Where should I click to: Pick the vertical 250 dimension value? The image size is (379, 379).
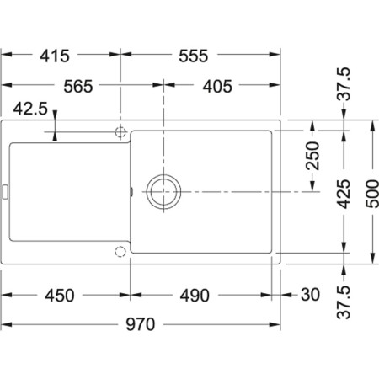[x=312, y=157]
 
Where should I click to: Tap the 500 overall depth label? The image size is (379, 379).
[x=372, y=195]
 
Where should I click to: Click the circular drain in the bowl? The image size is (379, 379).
[x=163, y=190]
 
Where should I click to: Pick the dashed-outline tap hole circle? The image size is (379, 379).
[x=120, y=251]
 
